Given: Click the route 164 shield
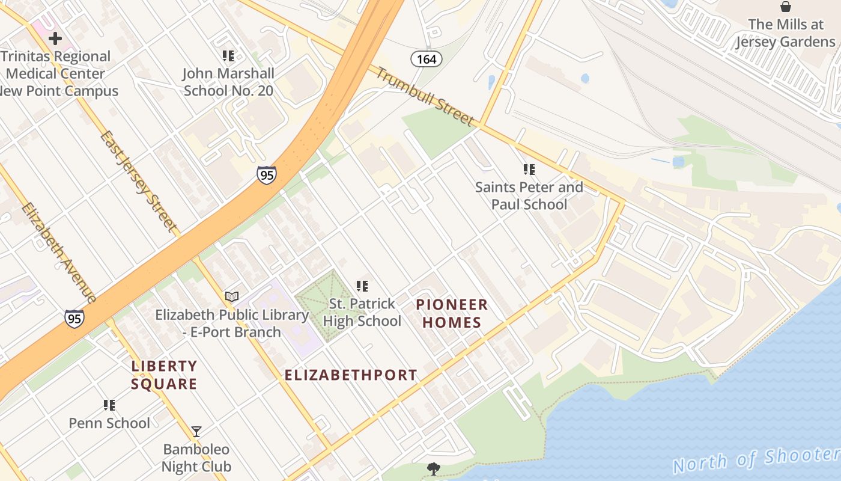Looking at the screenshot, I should (x=427, y=59).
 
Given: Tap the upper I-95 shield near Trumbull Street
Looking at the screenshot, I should (x=267, y=175).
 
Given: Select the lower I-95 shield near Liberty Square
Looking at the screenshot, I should (x=74, y=318).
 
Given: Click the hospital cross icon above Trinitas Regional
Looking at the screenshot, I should (x=55, y=39).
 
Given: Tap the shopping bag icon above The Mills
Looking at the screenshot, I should (x=785, y=7).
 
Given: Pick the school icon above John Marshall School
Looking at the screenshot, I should (x=228, y=56).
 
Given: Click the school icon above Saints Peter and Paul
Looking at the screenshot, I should (x=529, y=170).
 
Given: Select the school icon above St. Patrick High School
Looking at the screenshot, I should (x=362, y=286).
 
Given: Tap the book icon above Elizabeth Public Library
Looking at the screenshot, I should (x=232, y=296).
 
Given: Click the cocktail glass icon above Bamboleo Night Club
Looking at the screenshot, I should (x=196, y=431).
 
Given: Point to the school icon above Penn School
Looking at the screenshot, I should (x=109, y=405).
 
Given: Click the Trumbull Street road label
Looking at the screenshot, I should (x=424, y=96).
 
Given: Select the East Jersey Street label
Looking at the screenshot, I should (x=140, y=182).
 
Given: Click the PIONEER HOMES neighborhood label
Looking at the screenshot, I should (x=452, y=313).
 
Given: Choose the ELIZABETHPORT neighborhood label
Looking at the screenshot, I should (x=350, y=375).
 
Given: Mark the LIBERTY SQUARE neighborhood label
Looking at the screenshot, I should (x=164, y=375).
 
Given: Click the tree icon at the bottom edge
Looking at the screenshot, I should (x=433, y=468).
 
